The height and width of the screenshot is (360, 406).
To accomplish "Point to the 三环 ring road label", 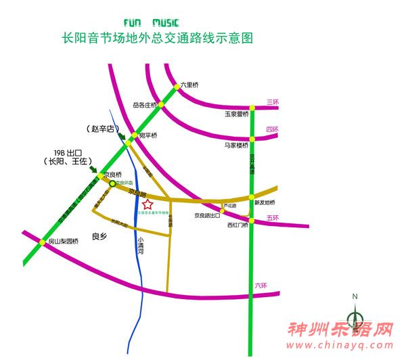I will pos(273,102).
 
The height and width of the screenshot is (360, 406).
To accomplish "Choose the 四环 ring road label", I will pos(272,129).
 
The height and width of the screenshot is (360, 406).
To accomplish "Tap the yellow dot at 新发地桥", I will pos(251,197).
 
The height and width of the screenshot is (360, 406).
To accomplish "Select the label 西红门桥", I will pos(238,225).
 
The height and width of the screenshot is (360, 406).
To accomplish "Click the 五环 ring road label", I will pos(273,218).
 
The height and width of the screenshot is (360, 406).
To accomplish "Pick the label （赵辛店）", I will pos(101,128).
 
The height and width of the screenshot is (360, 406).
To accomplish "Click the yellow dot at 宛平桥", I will pos(127,142).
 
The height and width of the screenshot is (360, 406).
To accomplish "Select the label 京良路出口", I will pos(207,216).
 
